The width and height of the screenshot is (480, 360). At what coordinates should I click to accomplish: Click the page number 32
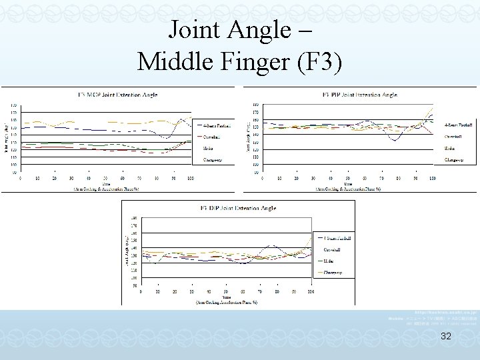tap(446, 337)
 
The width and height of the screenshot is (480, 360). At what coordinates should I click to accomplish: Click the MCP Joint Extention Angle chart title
tap(117, 95)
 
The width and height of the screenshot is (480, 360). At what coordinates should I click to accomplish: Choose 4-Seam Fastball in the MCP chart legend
tap(217, 125)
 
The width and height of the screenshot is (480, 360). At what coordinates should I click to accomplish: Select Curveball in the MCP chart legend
tap(213, 137)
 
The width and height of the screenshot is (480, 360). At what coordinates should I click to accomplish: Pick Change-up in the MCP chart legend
tap(214, 159)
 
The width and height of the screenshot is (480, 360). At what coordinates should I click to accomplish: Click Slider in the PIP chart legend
tap(451, 148)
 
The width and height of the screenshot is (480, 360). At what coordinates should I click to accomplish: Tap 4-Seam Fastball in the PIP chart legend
tap(459, 125)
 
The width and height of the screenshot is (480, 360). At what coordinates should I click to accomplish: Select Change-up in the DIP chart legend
tap(333, 272)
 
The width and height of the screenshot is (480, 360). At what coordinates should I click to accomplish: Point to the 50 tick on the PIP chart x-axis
tap(347, 179)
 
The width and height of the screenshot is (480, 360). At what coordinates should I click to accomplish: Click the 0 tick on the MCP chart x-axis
tap(20, 179)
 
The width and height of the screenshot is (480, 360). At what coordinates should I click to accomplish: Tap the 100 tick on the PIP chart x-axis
tap(432, 179)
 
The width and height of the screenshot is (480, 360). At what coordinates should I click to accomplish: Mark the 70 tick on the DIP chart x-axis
tap(260, 291)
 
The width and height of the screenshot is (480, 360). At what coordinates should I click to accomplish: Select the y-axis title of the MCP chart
tap(6, 139)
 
